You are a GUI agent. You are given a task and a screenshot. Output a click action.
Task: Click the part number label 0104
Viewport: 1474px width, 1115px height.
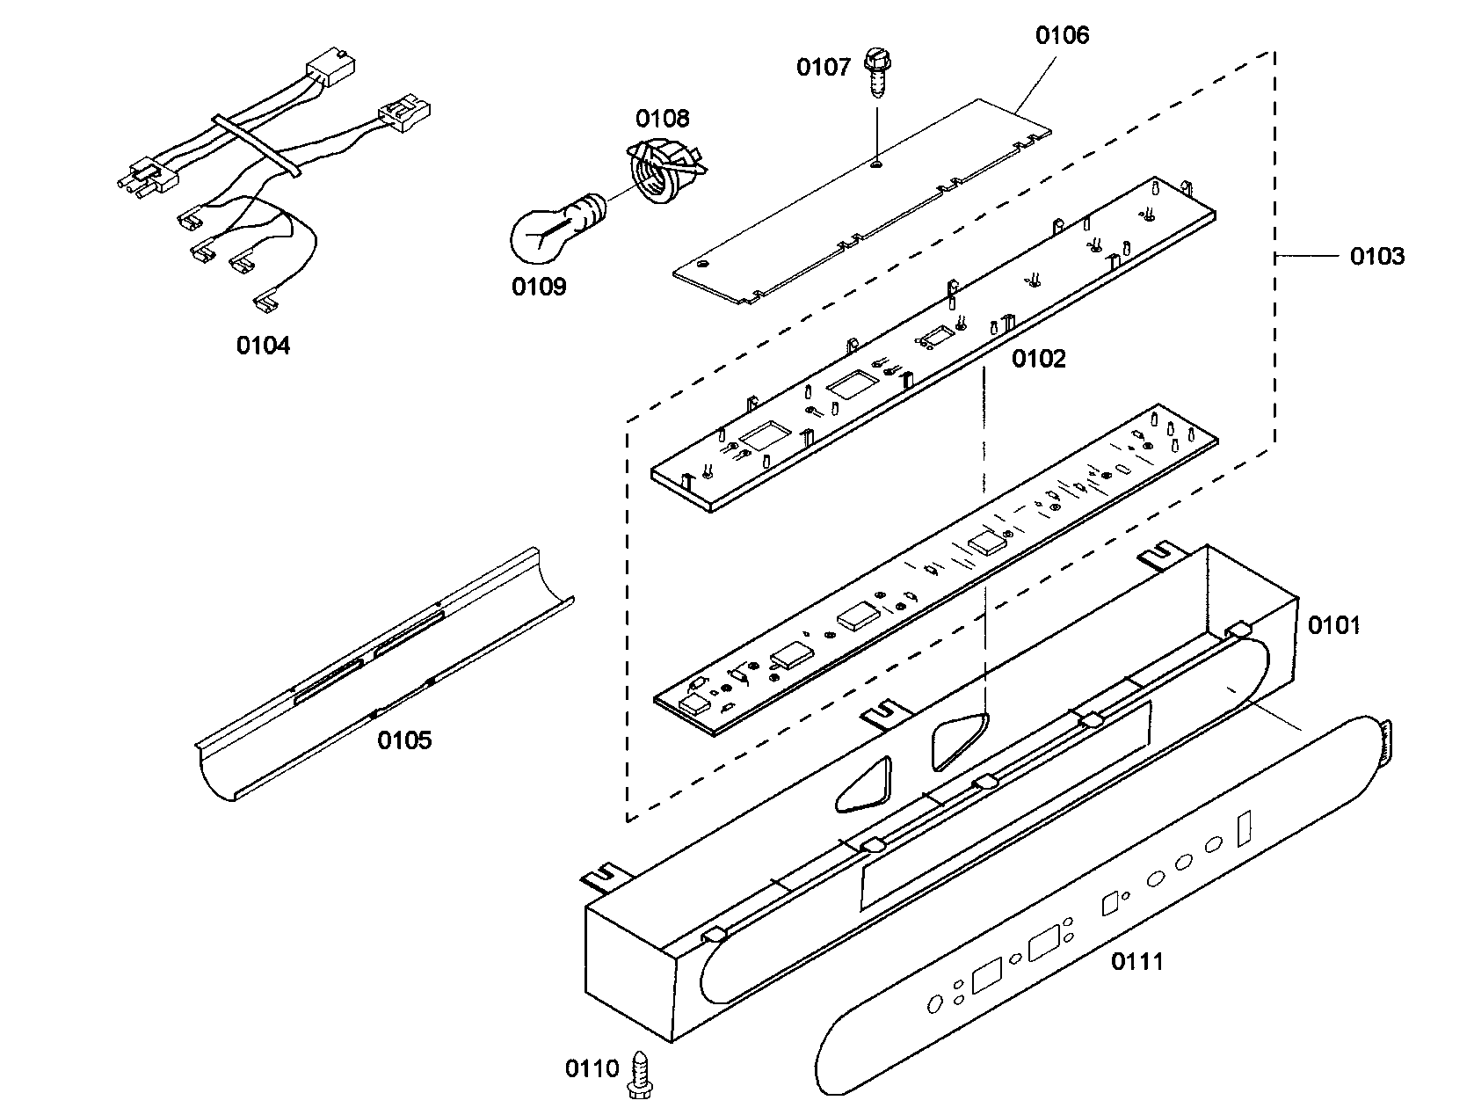(x=262, y=346)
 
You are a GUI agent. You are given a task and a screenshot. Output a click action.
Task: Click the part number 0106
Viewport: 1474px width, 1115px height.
(x=1062, y=35)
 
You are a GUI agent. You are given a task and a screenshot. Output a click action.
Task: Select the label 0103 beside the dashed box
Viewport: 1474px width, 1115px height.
(x=1376, y=257)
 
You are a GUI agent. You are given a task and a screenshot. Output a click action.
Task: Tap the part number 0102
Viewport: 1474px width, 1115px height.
(x=1038, y=359)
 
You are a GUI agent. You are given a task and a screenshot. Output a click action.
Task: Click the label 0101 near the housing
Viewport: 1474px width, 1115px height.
(x=1333, y=625)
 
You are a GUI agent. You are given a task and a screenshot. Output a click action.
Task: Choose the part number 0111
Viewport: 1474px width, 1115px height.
(x=1136, y=961)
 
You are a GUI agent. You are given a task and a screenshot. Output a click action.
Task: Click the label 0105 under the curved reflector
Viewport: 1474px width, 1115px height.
(x=404, y=740)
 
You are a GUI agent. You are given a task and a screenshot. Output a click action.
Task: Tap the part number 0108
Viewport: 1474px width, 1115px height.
(x=663, y=118)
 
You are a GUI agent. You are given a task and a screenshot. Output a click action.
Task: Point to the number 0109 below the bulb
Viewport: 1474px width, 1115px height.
(x=539, y=287)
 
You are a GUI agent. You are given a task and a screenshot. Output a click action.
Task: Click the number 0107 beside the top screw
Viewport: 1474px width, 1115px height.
(x=824, y=67)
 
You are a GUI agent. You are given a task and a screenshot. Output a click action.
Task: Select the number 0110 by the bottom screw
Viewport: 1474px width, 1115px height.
(x=592, y=1068)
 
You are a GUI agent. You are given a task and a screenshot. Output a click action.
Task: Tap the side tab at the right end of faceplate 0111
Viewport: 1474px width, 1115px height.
(x=1385, y=743)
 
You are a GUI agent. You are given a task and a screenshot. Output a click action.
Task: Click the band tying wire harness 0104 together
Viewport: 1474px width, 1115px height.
(x=254, y=145)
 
